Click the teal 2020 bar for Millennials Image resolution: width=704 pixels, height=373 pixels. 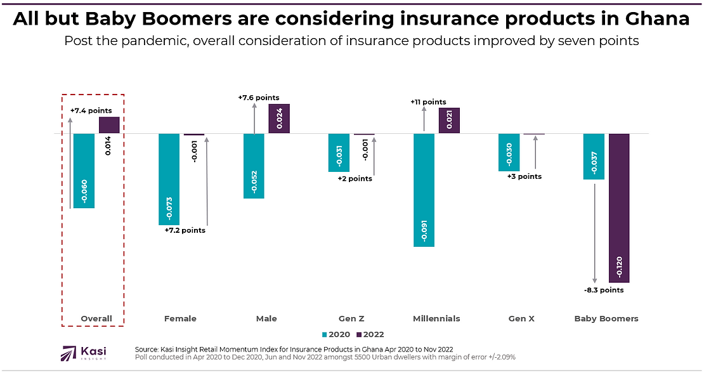pyautogui.click(x=424, y=190)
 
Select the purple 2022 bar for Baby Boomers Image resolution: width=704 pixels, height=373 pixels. pyautogui.click(x=619, y=207)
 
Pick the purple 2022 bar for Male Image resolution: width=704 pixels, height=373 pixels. pyautogui.click(x=279, y=119)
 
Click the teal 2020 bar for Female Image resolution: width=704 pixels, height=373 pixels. pyautogui.click(x=169, y=179)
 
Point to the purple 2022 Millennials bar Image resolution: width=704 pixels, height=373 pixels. pyautogui.click(x=449, y=121)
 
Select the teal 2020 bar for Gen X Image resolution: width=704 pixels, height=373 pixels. pyautogui.click(x=509, y=152)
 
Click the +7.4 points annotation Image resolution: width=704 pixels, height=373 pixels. pyautogui.click(x=91, y=110)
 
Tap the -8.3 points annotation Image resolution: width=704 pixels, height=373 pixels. pyautogui.click(x=604, y=290)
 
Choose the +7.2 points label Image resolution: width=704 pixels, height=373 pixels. pyautogui.click(x=185, y=230)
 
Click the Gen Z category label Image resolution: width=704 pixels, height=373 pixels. pyautogui.click(x=351, y=318)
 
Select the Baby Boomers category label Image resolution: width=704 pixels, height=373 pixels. pyautogui.click(x=606, y=318)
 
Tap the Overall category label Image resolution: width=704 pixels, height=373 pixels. pyautogui.click(x=96, y=318)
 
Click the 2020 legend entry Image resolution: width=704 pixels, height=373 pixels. pyautogui.click(x=336, y=334)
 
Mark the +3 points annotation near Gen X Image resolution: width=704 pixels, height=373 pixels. pyautogui.click(x=525, y=176)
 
